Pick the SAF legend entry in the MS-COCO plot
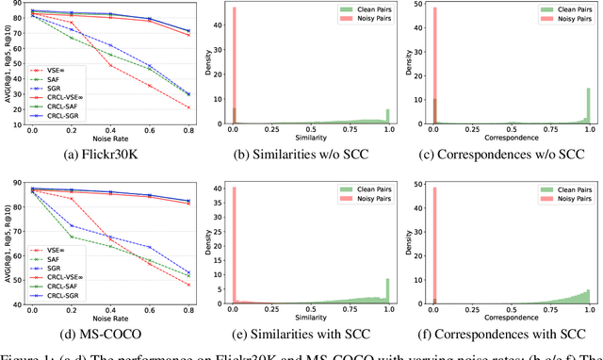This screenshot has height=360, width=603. [x=49, y=259]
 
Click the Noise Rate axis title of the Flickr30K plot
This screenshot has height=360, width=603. [x=108, y=139]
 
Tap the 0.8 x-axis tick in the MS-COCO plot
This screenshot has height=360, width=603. [x=187, y=309]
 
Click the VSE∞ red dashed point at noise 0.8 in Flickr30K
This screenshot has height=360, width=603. [x=187, y=107]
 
